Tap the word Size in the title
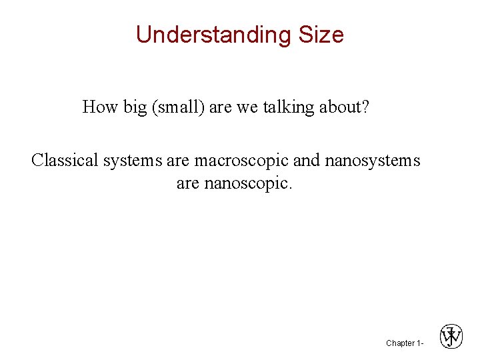pyautogui.click(x=321, y=35)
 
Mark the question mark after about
pyautogui.click(x=365, y=107)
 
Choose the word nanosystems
pyautogui.click(x=373, y=161)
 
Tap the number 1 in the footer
pyautogui.click(x=419, y=343)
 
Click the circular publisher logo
pyautogui.click(x=451, y=337)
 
